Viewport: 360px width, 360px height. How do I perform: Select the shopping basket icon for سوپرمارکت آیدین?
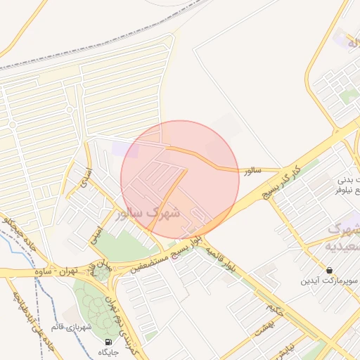click(330, 270)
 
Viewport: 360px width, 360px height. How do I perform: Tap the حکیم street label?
click(274, 309)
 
